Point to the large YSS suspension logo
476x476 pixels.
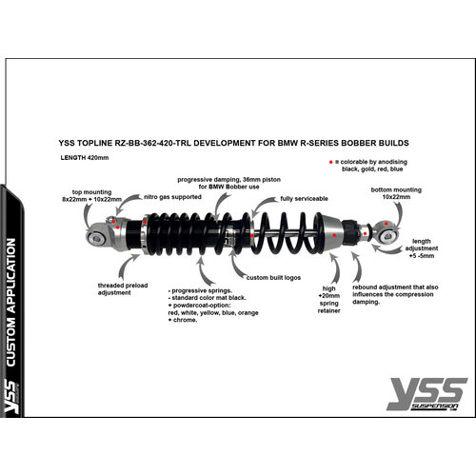click(x=426, y=392)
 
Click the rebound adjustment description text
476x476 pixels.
click(x=394, y=294)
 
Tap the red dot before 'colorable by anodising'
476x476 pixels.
click(x=328, y=163)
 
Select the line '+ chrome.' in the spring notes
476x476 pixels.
click(x=186, y=319)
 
